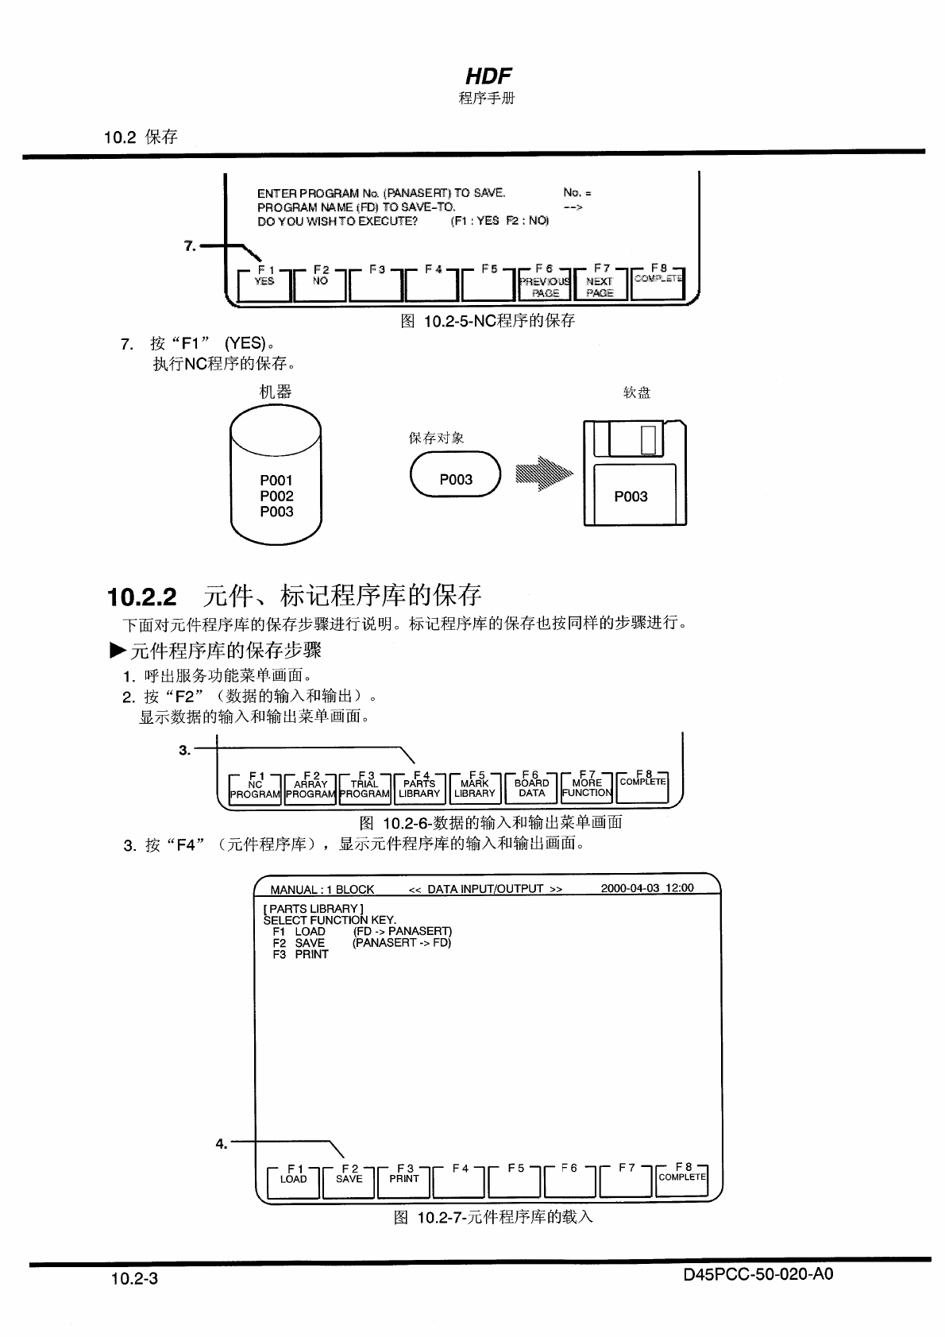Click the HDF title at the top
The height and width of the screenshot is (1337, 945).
click(x=488, y=76)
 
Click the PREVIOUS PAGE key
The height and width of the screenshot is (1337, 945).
click(x=545, y=284)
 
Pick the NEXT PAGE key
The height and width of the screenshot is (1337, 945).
click(x=600, y=284)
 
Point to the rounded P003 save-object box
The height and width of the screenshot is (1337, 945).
click(x=456, y=474)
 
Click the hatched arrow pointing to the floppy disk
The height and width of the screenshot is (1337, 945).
click(x=544, y=474)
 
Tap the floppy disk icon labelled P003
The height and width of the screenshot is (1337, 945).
click(x=634, y=473)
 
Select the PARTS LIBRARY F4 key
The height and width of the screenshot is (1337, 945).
click(x=419, y=788)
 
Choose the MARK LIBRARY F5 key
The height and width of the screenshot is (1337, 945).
click(x=475, y=788)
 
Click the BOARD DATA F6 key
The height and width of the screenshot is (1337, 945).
click(x=531, y=788)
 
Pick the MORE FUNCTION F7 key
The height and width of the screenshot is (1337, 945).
click(x=587, y=788)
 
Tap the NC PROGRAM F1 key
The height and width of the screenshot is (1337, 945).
click(x=255, y=789)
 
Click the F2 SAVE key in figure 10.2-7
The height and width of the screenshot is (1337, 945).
click(x=349, y=1180)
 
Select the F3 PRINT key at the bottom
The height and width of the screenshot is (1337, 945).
click(x=404, y=1180)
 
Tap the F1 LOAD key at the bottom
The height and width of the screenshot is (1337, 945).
click(x=293, y=1180)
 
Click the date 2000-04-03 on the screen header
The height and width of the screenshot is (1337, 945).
click(x=631, y=888)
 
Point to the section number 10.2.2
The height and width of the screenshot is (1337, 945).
click(x=142, y=597)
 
